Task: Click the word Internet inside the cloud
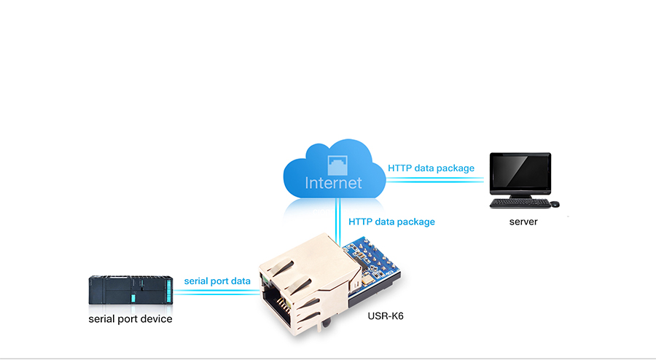333,182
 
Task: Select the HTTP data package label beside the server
431,168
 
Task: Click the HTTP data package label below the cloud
391,222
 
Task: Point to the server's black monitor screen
520,172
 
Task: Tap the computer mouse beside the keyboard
554,203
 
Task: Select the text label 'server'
523,222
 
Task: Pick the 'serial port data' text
217,281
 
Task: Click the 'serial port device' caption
130,318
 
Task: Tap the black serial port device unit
130,291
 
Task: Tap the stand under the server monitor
520,195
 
